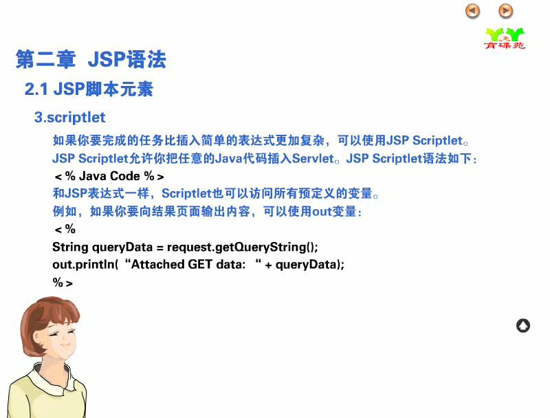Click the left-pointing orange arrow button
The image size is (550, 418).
coord(472,11)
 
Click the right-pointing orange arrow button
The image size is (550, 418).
coord(505,11)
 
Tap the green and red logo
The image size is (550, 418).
coord(505,38)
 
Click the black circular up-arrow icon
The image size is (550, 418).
coord(523,326)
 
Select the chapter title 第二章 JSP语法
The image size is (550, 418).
coord(91,59)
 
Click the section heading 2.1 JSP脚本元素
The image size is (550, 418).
coord(89,89)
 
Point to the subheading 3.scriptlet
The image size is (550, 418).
coord(70,118)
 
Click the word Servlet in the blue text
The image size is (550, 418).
coord(313,159)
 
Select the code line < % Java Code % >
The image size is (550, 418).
coord(109,176)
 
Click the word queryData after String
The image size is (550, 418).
coord(122,247)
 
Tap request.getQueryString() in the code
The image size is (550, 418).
coord(243,247)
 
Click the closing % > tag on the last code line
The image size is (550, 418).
coord(63,283)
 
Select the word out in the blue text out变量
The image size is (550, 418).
coord(322,212)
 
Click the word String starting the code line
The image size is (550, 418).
coord(70,247)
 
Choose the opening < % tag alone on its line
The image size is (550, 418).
coord(65,229)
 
